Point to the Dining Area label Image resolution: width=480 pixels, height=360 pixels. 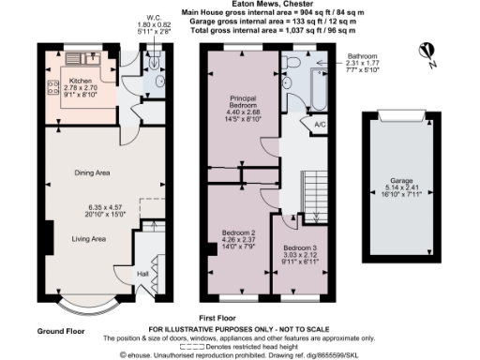[93, 172]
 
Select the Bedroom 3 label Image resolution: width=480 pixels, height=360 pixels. [300, 247]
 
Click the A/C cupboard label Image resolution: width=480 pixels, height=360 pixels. [319, 124]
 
